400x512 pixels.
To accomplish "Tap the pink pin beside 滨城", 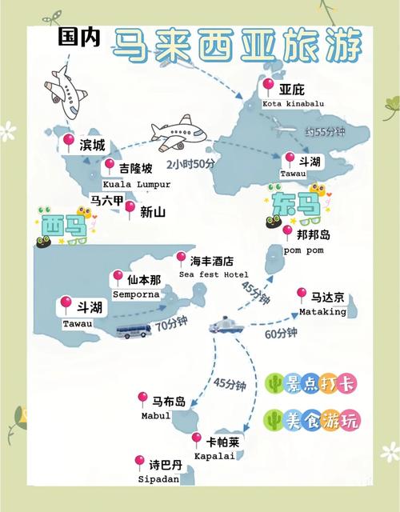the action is pyautogui.click(x=69, y=142).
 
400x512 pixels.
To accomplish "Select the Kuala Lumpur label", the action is pyautogui.click(x=137, y=183).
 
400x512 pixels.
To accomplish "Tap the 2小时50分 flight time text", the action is pyautogui.click(x=190, y=163).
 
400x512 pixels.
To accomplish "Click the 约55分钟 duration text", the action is pyautogui.click(x=324, y=130).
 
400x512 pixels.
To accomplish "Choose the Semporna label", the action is pyautogui.click(x=137, y=294).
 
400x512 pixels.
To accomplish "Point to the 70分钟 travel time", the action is pyautogui.click(x=171, y=326).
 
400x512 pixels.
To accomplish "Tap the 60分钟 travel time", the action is pyautogui.click(x=280, y=333).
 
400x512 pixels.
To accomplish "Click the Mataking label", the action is pyautogui.click(x=322, y=311).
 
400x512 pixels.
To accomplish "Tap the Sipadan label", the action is pyautogui.click(x=154, y=478).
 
